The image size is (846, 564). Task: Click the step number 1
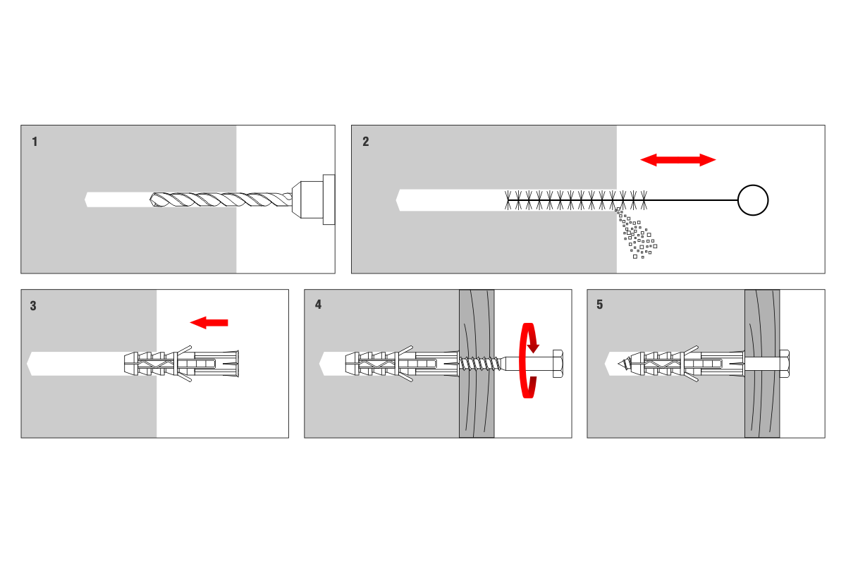pyautogui.click(x=35, y=142)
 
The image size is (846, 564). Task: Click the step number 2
pyautogui.click(x=366, y=142)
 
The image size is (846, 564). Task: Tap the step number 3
pyautogui.click(x=33, y=305)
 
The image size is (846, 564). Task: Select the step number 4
pyautogui.click(x=319, y=305)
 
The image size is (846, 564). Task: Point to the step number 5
pyautogui.click(x=600, y=305)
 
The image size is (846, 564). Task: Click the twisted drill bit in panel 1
pyautogui.click(x=221, y=200)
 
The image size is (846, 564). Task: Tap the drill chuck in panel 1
pyautogui.click(x=314, y=200)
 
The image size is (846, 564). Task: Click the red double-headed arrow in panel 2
pyautogui.click(x=678, y=160)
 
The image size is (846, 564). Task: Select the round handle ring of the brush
pyautogui.click(x=738, y=200)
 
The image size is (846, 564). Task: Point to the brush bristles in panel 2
pyautogui.click(x=576, y=200)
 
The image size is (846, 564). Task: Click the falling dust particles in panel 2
pyautogui.click(x=637, y=233)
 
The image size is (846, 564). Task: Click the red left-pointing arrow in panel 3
pyautogui.click(x=209, y=323)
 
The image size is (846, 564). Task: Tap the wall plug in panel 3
pyautogui.click(x=181, y=364)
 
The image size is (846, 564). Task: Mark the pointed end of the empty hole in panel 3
pyautogui.click(x=27, y=364)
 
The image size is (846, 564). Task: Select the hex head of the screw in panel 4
pyautogui.click(x=558, y=364)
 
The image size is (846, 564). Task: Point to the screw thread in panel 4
pyautogui.click(x=480, y=364)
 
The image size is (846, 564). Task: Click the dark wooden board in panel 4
pyautogui.click(x=477, y=364)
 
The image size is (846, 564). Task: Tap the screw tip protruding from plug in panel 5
pyautogui.click(x=625, y=364)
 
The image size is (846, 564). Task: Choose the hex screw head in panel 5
pyautogui.click(x=785, y=364)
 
